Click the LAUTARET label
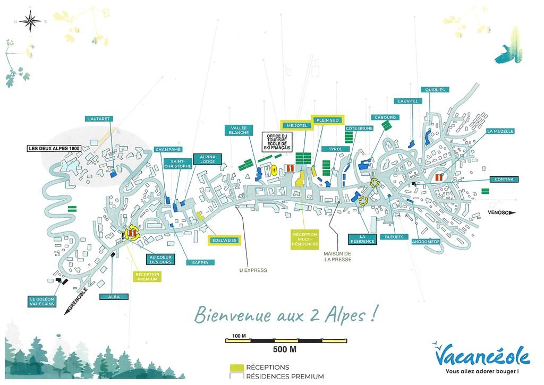click(x=99, y=118)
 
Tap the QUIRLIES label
click(x=435, y=90)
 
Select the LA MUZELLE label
click(x=500, y=131)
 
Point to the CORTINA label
click(x=504, y=179)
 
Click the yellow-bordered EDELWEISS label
click(x=225, y=241)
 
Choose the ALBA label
click(x=114, y=297)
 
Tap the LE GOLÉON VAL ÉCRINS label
click(x=42, y=302)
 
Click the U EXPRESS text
click(x=253, y=270)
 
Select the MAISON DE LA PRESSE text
click(x=337, y=256)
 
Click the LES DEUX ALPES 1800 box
click(x=54, y=149)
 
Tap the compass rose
click(x=30, y=21)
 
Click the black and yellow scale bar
click(x=286, y=340)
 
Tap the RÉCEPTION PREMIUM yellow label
click(x=148, y=277)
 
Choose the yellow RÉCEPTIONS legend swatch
click(x=237, y=367)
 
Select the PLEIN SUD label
click(x=327, y=121)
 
